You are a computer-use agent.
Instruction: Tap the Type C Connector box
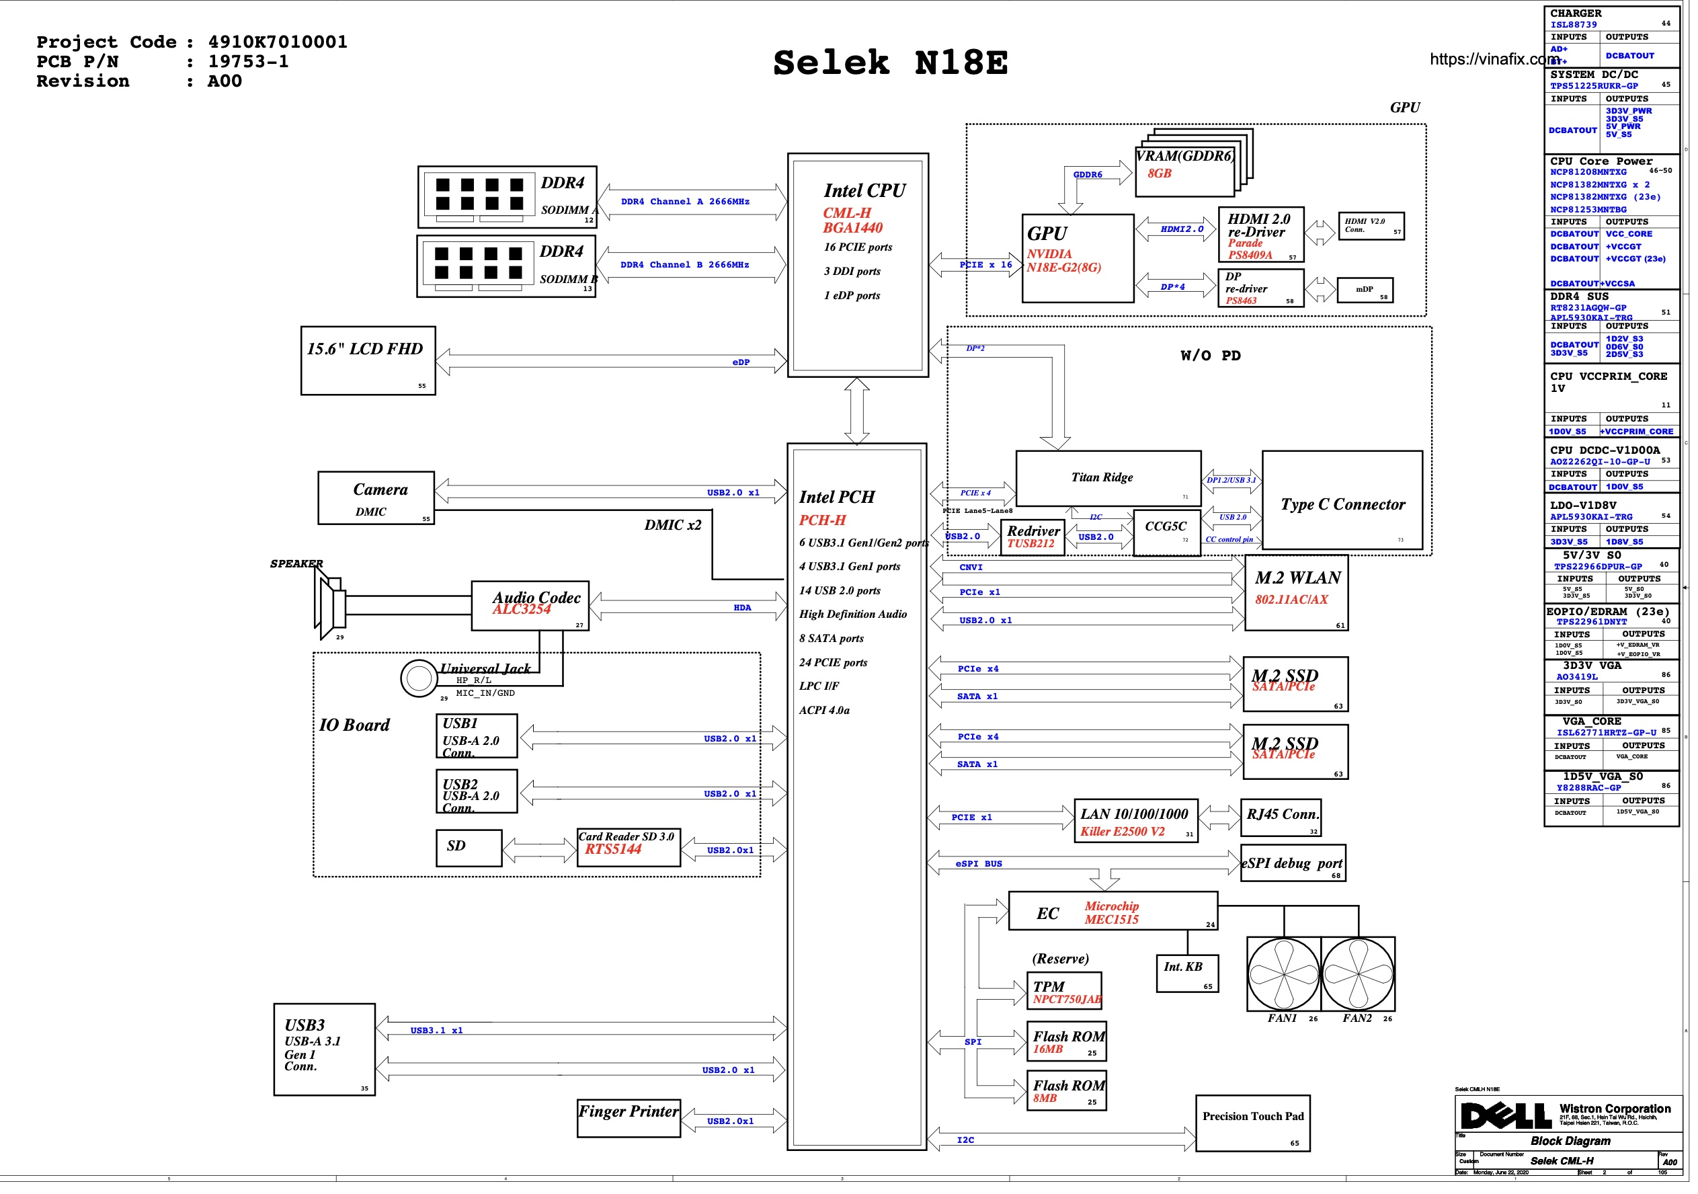point(1350,504)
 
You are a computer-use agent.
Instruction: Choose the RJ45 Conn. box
point(1287,821)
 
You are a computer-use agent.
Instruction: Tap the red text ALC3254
point(524,612)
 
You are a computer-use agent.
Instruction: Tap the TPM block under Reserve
point(1069,995)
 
